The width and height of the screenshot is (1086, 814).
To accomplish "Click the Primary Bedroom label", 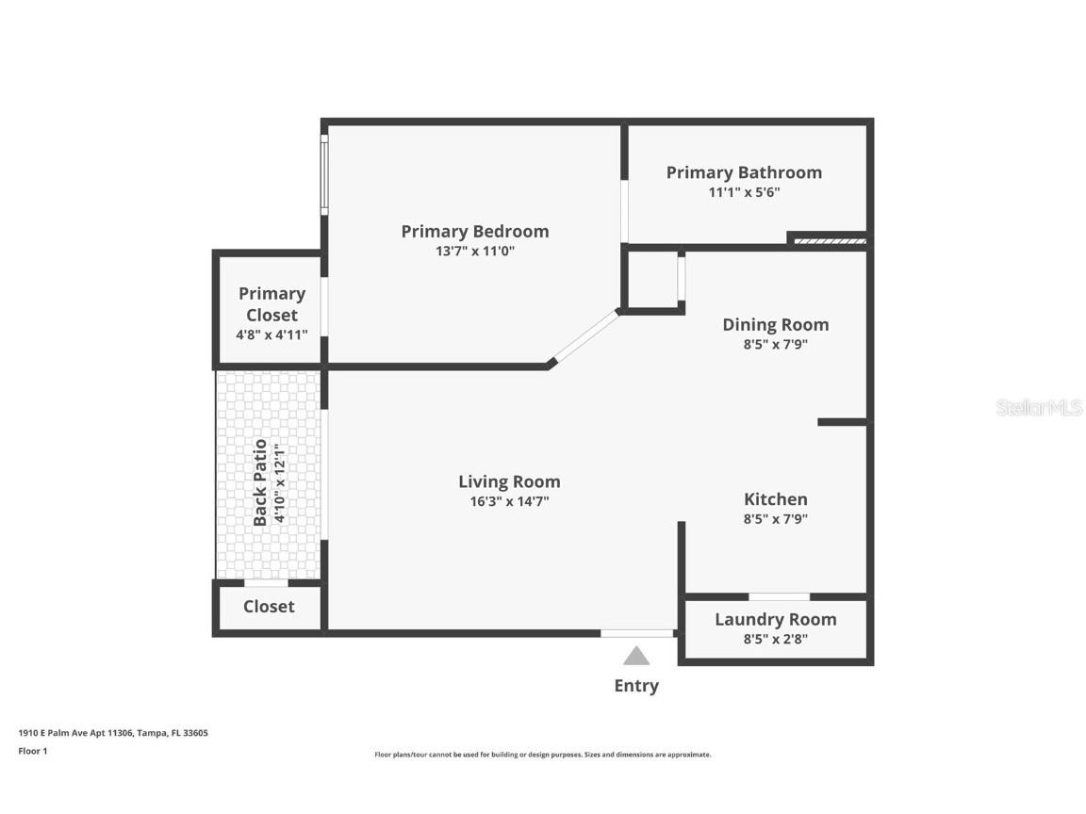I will [474, 231].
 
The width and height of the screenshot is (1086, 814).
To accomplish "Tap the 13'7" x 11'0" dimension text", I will [474, 252].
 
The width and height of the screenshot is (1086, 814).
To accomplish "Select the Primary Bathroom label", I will [744, 172].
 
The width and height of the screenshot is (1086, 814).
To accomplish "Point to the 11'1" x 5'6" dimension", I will [744, 192].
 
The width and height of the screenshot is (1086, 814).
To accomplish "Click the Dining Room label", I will [775, 324].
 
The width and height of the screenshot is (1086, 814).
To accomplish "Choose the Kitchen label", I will [775, 499].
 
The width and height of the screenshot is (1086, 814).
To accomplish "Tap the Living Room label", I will [509, 481].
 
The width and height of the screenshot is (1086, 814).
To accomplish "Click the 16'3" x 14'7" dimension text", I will [509, 501].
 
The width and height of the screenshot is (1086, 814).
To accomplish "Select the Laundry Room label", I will [775, 619].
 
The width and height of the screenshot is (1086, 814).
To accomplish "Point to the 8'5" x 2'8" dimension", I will [775, 639].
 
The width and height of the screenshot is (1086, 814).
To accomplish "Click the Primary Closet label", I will [271, 304].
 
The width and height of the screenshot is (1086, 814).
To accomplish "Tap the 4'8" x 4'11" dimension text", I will [271, 334].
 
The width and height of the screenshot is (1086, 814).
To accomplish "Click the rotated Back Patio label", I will [260, 482].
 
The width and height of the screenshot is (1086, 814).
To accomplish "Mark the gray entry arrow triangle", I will [636, 656].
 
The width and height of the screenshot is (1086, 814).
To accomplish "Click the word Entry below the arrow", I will [636, 686].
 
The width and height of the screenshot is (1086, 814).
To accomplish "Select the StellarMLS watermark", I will [1039, 407].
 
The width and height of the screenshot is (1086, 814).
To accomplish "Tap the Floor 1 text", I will [32, 751].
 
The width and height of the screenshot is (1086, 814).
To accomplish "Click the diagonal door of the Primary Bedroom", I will [584, 337].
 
